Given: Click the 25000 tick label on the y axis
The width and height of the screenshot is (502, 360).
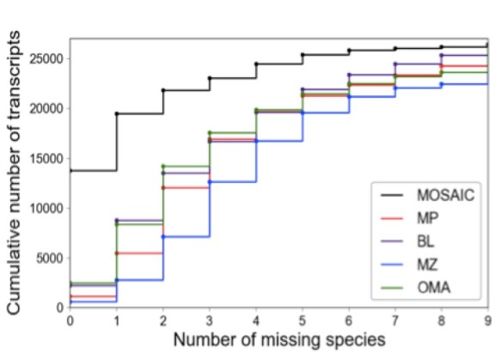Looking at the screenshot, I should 46,58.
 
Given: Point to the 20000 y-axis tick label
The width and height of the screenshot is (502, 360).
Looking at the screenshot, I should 46,108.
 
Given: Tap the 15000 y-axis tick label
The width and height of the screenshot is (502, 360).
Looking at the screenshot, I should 46,158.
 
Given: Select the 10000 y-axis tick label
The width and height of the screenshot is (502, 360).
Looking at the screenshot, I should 46,208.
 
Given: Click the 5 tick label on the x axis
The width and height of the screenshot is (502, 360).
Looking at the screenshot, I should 303,320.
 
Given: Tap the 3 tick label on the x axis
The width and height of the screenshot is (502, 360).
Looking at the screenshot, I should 210,320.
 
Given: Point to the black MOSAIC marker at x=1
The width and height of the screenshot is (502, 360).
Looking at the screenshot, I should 117,113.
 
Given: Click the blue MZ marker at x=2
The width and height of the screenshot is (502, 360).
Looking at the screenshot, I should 163,236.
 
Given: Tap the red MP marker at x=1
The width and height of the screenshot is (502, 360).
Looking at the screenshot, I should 117,253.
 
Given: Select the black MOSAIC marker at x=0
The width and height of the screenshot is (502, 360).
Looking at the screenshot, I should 70,170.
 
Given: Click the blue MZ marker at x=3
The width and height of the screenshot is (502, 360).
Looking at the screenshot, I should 210,181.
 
